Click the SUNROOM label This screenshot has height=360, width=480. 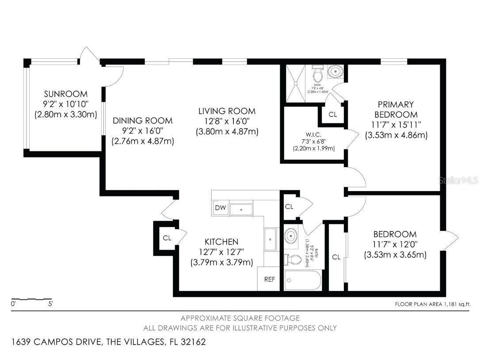(x=65, y=94)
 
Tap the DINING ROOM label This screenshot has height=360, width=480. (x=142, y=121)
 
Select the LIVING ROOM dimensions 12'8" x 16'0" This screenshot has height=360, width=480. (x=227, y=121)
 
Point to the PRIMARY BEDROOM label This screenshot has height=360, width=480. (x=396, y=110)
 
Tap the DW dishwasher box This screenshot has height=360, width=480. (x=220, y=208)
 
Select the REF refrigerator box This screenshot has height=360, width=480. (x=269, y=279)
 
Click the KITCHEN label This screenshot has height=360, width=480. (x=221, y=242)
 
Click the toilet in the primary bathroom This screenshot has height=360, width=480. (x=317, y=71)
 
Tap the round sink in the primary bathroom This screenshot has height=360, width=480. (x=335, y=71)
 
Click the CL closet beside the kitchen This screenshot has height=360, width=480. (x=167, y=238)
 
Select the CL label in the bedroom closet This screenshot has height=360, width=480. (x=336, y=257)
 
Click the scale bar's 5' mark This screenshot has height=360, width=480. (x=50, y=304)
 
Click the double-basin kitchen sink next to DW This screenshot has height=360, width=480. (x=240, y=208)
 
